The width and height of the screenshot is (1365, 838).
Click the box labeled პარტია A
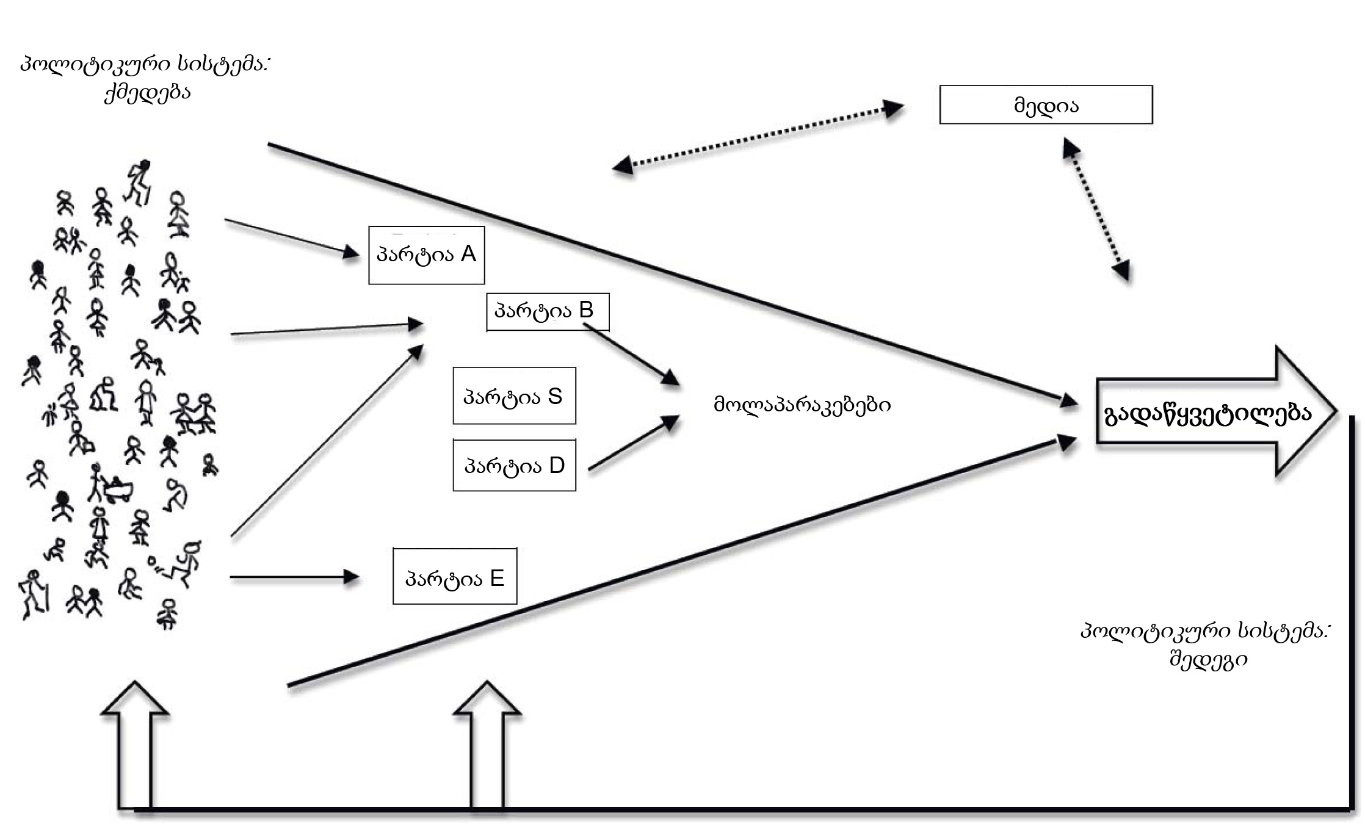[x=426, y=255]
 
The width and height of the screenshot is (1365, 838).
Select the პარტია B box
[x=547, y=312]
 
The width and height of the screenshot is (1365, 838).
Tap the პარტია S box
[x=514, y=396]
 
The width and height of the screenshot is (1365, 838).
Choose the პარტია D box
[x=514, y=465]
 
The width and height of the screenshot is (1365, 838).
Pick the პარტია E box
[x=455, y=577]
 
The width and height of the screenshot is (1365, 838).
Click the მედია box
[x=1046, y=105]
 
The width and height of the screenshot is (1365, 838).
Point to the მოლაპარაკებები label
[x=802, y=405]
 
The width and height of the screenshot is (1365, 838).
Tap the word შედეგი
[x=1208, y=660]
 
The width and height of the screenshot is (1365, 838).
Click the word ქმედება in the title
[x=147, y=93]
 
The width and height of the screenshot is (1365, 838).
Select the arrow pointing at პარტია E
[x=294, y=577]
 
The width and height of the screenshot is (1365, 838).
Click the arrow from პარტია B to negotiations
[x=631, y=355]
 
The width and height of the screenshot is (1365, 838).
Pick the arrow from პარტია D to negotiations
[x=634, y=442]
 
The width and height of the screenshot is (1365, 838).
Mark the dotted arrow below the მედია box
[x=1096, y=209]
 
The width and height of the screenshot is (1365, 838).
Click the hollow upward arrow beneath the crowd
[x=135, y=745]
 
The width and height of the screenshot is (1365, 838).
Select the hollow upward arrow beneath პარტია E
[x=487, y=745]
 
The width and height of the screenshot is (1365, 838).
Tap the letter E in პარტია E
[x=497, y=578]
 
